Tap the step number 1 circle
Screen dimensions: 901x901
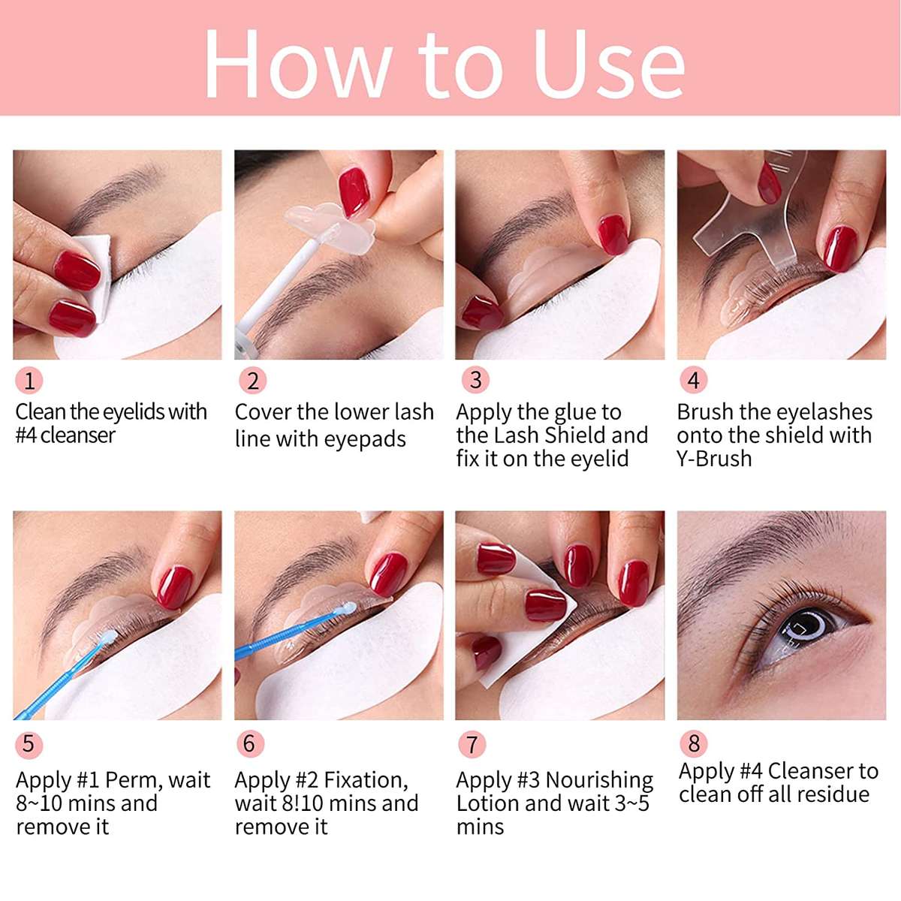tap(29, 381)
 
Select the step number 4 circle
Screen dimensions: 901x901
tap(693, 380)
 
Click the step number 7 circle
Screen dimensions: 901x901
tap(472, 745)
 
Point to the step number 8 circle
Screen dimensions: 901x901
tap(693, 743)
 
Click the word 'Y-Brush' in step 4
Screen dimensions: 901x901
tap(714, 459)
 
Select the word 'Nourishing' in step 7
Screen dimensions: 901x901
tap(599, 781)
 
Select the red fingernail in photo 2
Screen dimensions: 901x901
tap(355, 191)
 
